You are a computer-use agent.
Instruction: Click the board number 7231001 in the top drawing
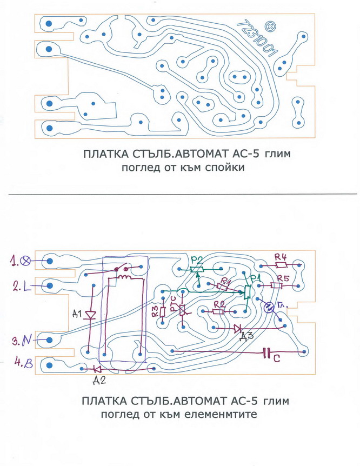(257, 41)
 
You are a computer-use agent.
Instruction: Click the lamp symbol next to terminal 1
(26, 261)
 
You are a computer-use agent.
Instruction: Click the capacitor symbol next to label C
(267, 353)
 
